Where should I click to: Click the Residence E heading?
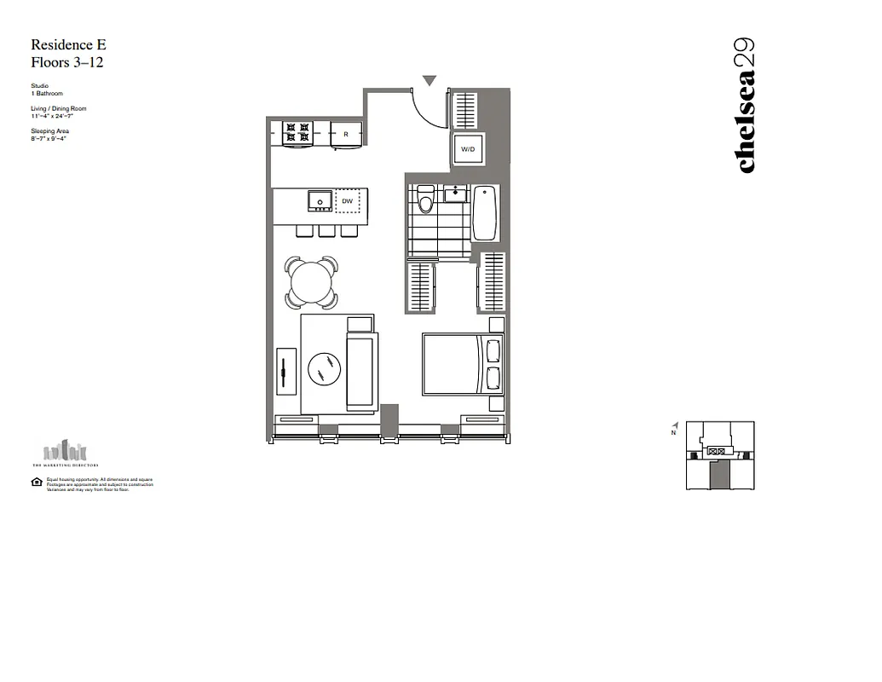[x=68, y=45]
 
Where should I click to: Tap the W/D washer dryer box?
[x=468, y=150]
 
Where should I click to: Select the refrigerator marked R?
[x=346, y=134]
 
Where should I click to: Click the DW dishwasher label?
[x=348, y=201]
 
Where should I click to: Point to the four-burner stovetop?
[x=297, y=132]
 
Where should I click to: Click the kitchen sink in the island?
[x=320, y=200]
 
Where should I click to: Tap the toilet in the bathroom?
[x=426, y=200]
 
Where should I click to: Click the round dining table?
[x=311, y=280]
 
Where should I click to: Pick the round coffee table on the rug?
[x=324, y=369]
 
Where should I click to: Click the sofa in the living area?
[x=360, y=370]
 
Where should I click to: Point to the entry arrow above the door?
[x=429, y=81]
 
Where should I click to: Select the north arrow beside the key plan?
[x=675, y=427]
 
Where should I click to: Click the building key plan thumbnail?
[x=721, y=455]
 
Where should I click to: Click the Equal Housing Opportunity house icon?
[x=37, y=483]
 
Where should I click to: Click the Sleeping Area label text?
[x=49, y=131]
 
